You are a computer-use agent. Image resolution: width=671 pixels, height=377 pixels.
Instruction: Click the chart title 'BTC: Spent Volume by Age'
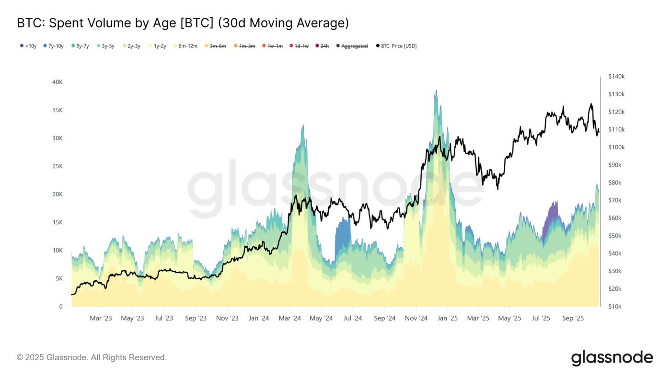[x=182, y=23]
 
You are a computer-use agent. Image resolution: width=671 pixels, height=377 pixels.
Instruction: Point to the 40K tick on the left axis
[x=57, y=82]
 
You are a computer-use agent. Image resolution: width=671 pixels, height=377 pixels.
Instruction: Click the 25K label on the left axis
[x=57, y=166]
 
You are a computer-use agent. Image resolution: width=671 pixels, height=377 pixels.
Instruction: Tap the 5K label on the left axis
[x=58, y=278]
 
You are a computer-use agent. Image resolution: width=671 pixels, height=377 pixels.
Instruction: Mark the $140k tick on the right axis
[x=616, y=77]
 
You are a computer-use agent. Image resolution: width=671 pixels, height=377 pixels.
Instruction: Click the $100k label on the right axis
[x=616, y=147]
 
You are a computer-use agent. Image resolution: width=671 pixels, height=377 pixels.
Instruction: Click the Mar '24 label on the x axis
[x=289, y=318]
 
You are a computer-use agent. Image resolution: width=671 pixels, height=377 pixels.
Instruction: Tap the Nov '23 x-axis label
[x=227, y=318]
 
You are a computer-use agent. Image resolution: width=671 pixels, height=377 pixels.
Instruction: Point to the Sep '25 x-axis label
[x=573, y=318]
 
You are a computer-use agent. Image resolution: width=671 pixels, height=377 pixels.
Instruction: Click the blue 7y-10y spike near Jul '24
[x=343, y=235]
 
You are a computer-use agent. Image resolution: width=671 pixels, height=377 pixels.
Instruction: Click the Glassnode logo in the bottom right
[x=612, y=358]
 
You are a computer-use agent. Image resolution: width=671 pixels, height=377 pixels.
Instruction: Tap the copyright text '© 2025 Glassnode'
[x=92, y=357]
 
